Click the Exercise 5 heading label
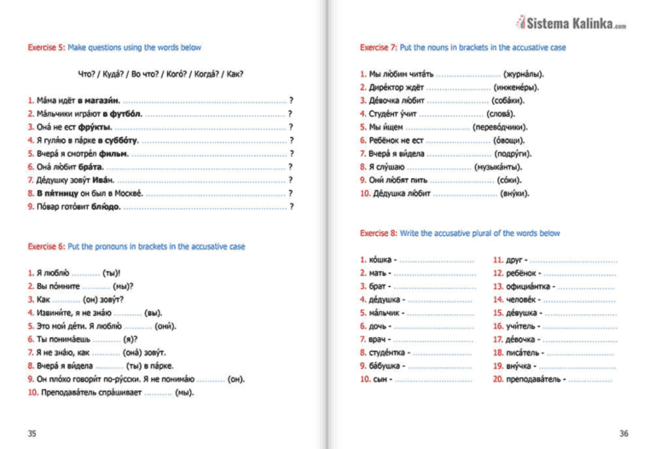[43, 48]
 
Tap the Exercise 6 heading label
[43, 246]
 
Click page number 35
[32, 434]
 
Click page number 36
[623, 434]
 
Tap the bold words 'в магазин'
[101, 101]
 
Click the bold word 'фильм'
[113, 153]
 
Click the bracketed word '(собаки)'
[508, 101]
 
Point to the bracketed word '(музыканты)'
[499, 167]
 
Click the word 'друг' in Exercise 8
[514, 259]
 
